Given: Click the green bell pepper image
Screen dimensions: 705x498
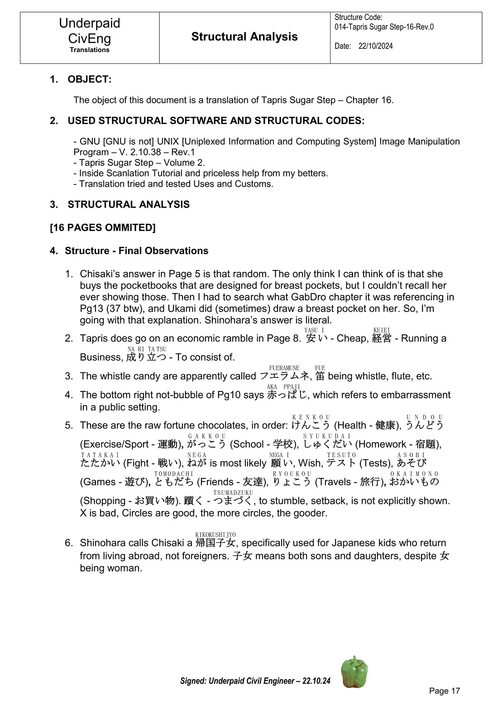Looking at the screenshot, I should (x=354, y=672).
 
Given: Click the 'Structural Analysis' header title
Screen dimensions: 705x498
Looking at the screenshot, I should (x=244, y=37).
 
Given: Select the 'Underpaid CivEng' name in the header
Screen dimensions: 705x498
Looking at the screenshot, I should (x=90, y=30).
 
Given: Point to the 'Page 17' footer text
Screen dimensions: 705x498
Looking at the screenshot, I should (x=444, y=691).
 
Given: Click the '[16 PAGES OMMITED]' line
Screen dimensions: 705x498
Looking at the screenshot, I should (x=103, y=227).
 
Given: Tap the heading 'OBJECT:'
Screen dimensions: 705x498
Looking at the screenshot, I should (x=89, y=79).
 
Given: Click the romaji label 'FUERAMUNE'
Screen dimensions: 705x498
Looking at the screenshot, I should (x=284, y=368).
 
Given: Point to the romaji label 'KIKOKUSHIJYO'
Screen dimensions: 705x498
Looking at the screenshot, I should (x=215, y=535).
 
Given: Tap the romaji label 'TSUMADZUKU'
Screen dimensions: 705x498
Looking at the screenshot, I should (x=233, y=493).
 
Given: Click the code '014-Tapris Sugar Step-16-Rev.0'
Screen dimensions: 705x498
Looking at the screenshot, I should (x=384, y=27).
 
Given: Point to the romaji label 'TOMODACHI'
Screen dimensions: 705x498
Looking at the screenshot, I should (x=173, y=473).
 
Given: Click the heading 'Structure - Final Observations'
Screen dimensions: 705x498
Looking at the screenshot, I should (x=136, y=251).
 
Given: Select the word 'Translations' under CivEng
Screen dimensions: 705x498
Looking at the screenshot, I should (x=90, y=50).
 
